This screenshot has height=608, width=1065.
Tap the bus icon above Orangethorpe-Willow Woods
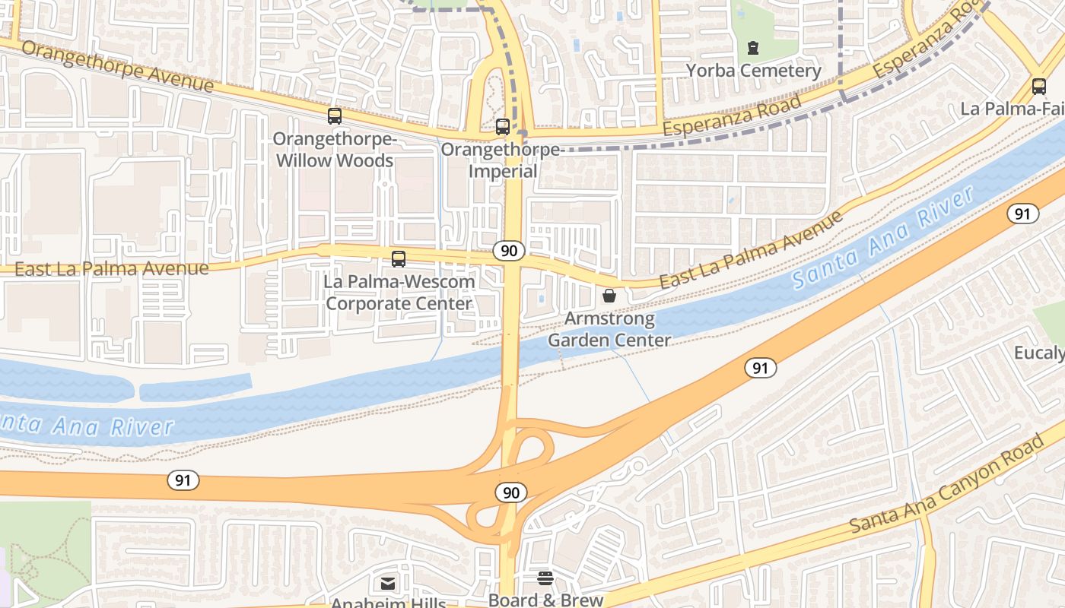[x=335, y=116]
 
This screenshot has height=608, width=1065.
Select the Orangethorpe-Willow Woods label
[x=335, y=150]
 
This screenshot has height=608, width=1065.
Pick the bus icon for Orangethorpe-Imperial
[x=502, y=127]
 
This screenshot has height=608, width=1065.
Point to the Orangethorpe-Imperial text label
[x=502, y=160]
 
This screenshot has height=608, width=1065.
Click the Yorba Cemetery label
[x=754, y=71]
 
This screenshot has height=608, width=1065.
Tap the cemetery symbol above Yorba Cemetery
[x=753, y=48]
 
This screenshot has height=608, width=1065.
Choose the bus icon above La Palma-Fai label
[x=1039, y=86]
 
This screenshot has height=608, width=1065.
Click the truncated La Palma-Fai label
[x=1012, y=109]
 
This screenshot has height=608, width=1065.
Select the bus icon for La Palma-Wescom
[x=399, y=258]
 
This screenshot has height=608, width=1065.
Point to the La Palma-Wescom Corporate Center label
[x=399, y=293]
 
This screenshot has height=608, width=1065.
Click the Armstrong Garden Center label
[x=609, y=329]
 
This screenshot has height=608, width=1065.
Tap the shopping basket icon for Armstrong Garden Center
[x=609, y=296]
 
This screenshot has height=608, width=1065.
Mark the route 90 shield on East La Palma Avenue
[x=509, y=251]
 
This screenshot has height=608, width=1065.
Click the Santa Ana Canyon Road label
[x=947, y=485]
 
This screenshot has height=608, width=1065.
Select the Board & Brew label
[x=545, y=600]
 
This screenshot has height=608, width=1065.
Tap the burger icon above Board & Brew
[x=545, y=578]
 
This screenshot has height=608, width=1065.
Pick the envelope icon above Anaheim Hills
[x=388, y=584]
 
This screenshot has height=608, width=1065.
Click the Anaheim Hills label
[x=388, y=603]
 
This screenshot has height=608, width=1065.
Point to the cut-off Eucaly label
[x=1039, y=353]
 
